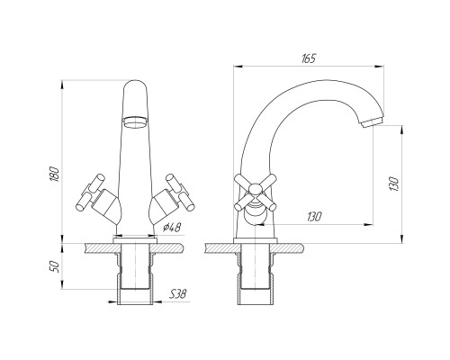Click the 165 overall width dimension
pyautogui.click(x=309, y=58)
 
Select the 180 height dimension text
pyautogui.click(x=54, y=174)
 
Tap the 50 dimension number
pyautogui.click(x=54, y=266)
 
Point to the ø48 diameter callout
pyautogui.click(x=172, y=228)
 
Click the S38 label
pyautogui.click(x=178, y=294)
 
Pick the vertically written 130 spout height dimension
pyautogui.click(x=393, y=184)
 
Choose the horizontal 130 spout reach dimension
pyautogui.click(x=314, y=217)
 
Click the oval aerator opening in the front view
pyautogui.click(x=136, y=122)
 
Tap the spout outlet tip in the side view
pyautogui.click(x=373, y=122)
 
